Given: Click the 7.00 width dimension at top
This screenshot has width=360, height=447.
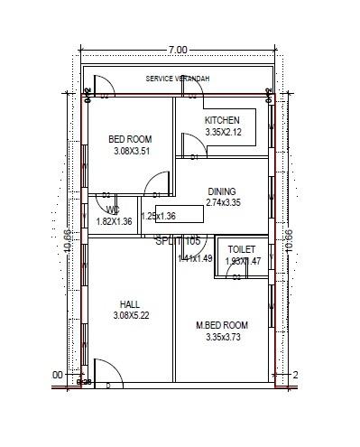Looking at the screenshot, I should (177, 49).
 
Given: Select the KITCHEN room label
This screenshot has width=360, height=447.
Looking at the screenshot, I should (223, 121).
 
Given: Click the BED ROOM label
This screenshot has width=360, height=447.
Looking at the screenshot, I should (130, 139).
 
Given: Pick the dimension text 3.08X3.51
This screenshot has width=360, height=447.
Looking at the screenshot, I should (132, 151).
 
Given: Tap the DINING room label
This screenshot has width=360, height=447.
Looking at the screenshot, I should (222, 191).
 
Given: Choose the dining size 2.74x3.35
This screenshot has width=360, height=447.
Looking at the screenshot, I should (222, 203).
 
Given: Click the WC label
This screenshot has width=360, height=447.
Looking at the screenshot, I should (113, 210).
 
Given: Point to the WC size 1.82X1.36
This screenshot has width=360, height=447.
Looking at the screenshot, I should (114, 220).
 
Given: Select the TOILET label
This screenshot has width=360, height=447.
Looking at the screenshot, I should (241, 249).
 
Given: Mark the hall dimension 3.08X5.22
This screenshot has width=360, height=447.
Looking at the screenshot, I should (132, 315).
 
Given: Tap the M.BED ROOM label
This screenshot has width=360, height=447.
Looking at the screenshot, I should (222, 325).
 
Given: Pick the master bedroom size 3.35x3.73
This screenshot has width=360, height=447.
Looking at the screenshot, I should (223, 337).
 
